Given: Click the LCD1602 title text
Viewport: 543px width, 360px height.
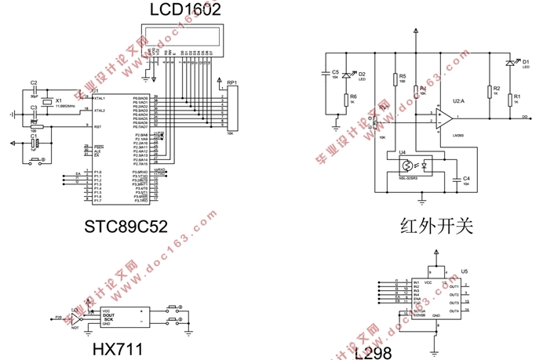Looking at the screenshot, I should point(185,10).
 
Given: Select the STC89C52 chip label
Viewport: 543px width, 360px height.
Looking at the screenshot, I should point(126,227).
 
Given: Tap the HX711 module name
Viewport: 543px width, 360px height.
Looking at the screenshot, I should point(118,347).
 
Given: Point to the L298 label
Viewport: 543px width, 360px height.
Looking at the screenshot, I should point(372,352).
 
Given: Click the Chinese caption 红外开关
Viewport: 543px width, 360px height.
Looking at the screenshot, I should point(437,227).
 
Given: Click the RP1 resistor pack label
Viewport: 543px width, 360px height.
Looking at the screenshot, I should point(231,82).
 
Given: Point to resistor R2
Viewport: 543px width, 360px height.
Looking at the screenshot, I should point(490,91).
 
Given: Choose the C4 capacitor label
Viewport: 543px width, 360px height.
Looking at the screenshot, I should point(466,179).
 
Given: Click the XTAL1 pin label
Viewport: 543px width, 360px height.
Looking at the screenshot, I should point(99,98).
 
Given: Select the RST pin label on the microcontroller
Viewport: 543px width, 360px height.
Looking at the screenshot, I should point(97,126).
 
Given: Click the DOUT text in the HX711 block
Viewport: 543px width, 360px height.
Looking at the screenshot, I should point(108,315).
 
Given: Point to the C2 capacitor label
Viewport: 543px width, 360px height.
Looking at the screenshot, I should point(34,82).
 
